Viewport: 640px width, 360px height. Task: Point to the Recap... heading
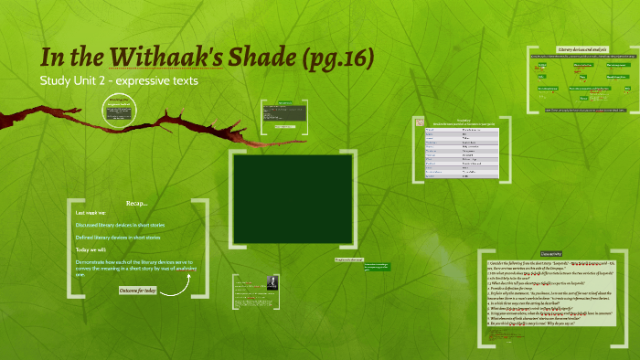pyautogui.click(x=137, y=202)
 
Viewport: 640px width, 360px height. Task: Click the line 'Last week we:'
pyautogui.click(x=95, y=212)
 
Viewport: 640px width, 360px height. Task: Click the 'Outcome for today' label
pyautogui.click(x=138, y=291)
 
